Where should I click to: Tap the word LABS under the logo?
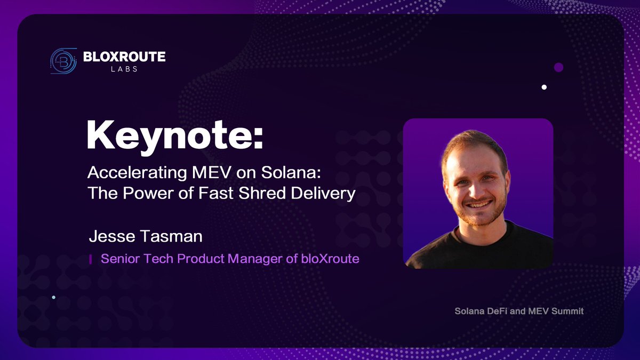click(124, 69)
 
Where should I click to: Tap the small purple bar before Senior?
click(90, 259)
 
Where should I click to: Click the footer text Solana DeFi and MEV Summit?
click(519, 310)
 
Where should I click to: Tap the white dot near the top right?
click(544, 86)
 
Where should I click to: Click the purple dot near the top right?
click(558, 67)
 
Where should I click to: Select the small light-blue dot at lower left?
click(53, 297)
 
